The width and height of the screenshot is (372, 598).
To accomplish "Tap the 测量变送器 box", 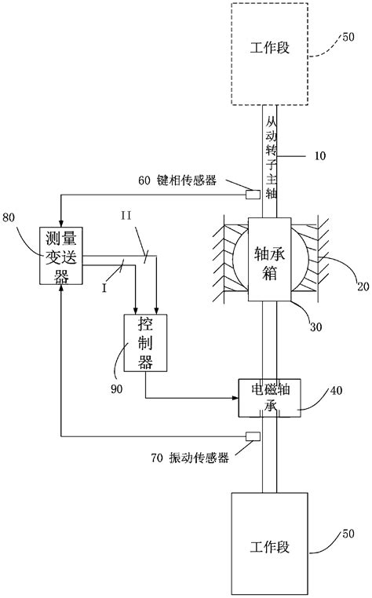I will [60, 255].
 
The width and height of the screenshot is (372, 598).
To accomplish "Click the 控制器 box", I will [144, 343].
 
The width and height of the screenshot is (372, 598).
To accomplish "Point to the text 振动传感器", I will [199, 458].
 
